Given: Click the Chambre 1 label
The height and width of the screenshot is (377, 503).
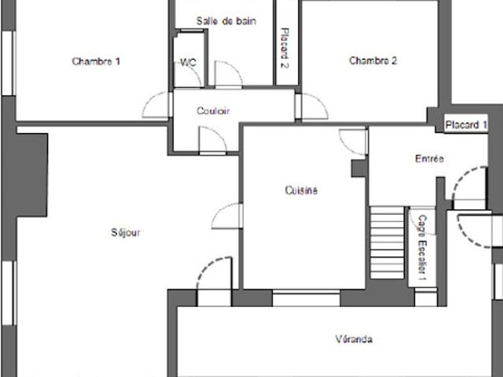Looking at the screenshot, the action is pyautogui.click(x=96, y=61).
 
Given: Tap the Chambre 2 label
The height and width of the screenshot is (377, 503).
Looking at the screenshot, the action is pyautogui.click(x=373, y=61).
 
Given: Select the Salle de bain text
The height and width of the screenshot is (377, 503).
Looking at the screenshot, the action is pyautogui.click(x=226, y=21).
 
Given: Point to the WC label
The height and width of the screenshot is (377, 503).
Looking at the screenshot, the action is pyautogui.click(x=189, y=62).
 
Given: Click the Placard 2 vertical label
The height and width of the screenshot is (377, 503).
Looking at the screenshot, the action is pyautogui.click(x=285, y=48).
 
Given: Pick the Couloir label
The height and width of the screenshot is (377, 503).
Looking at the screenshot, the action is pyautogui.click(x=213, y=111).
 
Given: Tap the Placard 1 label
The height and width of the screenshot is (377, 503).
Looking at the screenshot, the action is pyautogui.click(x=466, y=124).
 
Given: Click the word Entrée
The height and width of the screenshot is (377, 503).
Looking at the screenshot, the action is pyautogui.click(x=430, y=159).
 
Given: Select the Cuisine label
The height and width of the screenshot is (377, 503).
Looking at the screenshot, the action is pyautogui.click(x=301, y=190).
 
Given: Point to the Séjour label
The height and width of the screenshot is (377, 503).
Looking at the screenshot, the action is pyautogui.click(x=126, y=232).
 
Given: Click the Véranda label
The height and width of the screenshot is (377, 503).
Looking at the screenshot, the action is pyautogui.click(x=354, y=339).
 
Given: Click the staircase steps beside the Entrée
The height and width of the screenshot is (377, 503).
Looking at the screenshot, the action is pyautogui.click(x=387, y=242).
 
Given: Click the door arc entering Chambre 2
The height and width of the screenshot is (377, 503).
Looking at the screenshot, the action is pyautogui.click(x=319, y=103).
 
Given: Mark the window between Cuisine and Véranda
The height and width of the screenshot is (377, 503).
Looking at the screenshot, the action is pyautogui.click(x=306, y=298).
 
